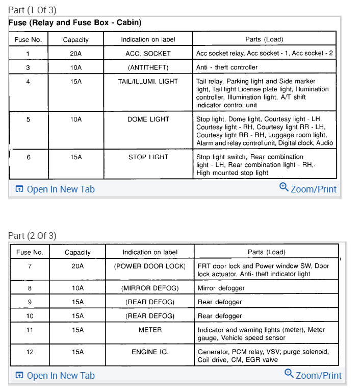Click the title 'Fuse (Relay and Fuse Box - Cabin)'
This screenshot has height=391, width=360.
(x=75, y=23)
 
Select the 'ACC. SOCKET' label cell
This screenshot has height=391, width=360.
(x=148, y=53)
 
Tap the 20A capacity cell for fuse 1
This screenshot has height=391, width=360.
(x=75, y=53)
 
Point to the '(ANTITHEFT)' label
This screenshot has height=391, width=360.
(x=148, y=67)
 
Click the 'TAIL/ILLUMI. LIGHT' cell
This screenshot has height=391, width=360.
(x=148, y=81)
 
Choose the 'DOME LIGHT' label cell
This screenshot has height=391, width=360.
(x=148, y=119)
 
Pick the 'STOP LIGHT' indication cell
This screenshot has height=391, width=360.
(x=148, y=157)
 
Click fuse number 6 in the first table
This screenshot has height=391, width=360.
(x=29, y=157)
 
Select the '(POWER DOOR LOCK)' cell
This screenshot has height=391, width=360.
(x=149, y=266)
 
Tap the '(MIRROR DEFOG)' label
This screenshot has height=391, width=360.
(x=149, y=288)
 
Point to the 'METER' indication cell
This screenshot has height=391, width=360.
(x=149, y=330)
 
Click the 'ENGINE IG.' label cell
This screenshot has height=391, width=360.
(x=149, y=352)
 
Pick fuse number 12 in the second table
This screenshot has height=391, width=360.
(x=30, y=352)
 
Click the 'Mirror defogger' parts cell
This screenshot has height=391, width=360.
(x=221, y=288)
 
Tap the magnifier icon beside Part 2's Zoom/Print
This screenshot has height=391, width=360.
(x=289, y=374)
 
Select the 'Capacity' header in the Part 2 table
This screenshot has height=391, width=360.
(x=78, y=252)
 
